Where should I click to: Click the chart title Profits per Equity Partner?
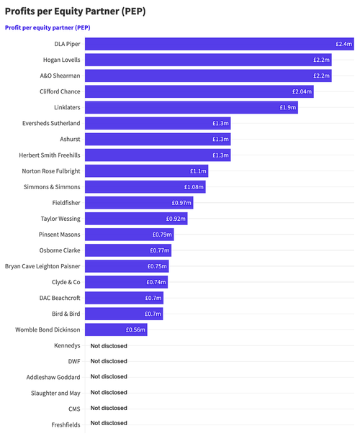point(75,11)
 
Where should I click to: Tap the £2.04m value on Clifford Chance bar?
point(302,91)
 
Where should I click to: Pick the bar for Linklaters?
point(191,107)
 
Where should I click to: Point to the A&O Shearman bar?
point(208,76)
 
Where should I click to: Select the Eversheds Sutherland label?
point(50,123)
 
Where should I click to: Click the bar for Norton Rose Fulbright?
point(147,171)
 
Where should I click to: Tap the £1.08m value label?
point(193,186)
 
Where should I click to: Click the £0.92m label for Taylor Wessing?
point(176,219)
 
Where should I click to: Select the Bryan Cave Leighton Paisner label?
point(42,266)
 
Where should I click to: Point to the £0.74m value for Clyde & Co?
point(156,282)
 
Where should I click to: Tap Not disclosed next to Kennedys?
point(109,345)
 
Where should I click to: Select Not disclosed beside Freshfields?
point(109,423)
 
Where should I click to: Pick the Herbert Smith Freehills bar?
point(158,155)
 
